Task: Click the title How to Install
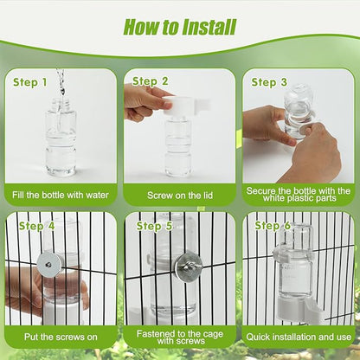[180, 27]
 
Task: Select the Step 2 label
[151, 81]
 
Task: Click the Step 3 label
[269, 82]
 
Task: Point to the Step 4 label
[37, 226]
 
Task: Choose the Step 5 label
[154, 226]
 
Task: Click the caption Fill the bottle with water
[61, 195]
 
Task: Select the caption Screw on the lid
[180, 195]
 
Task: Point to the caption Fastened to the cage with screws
[180, 337]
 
